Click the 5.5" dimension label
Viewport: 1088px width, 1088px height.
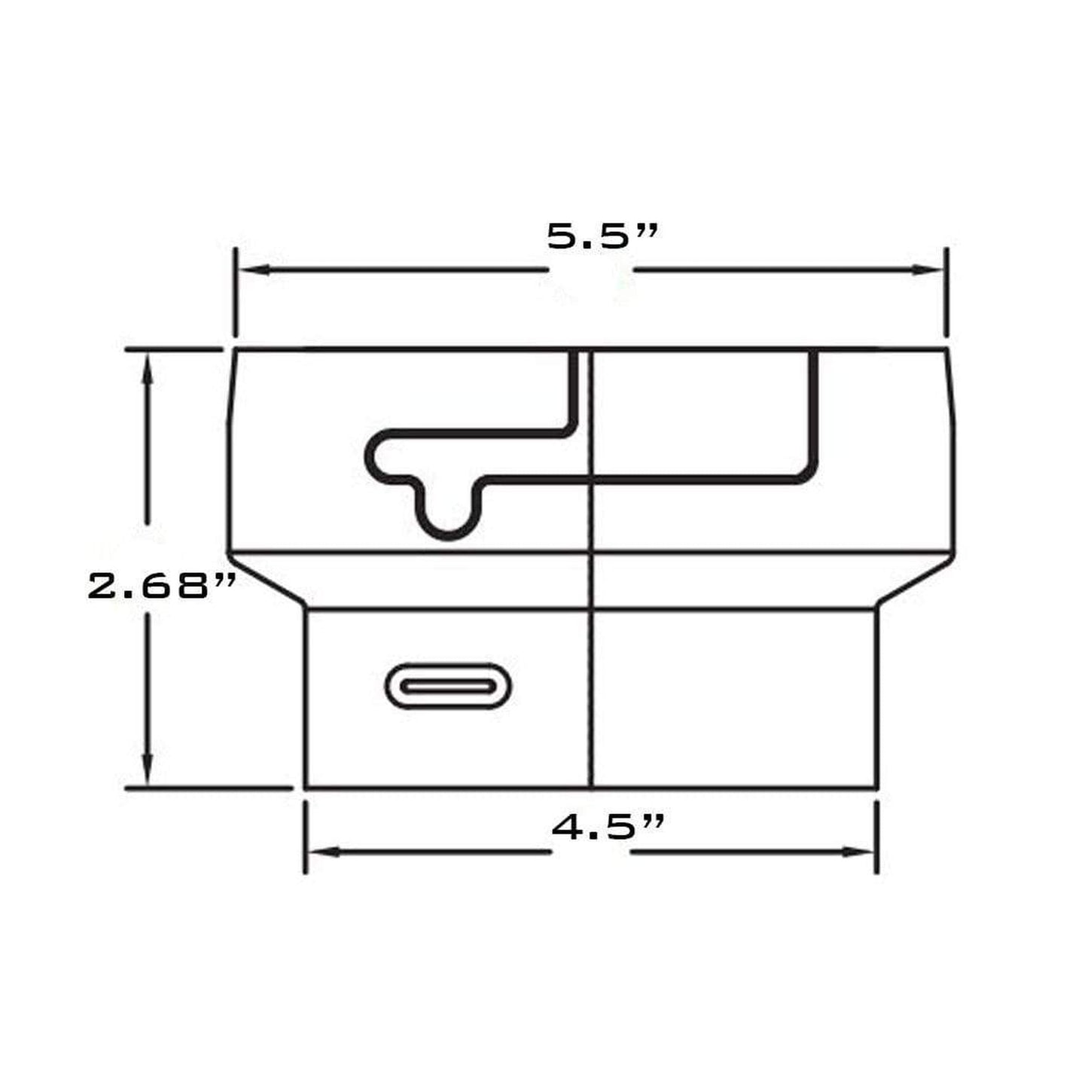[x=602, y=236]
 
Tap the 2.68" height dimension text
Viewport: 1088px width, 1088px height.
[x=160, y=586]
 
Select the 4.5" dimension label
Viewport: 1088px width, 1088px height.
[x=608, y=827]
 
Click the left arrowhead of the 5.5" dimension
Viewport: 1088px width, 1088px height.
[x=254, y=270]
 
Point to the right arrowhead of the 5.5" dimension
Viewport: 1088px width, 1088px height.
[x=928, y=270]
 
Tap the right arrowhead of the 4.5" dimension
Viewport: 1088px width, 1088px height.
[x=858, y=852]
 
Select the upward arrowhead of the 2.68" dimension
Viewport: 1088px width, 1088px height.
[x=148, y=369]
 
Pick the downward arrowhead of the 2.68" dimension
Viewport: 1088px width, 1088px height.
[x=148, y=769]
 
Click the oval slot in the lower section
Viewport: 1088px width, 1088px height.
[x=448, y=686]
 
